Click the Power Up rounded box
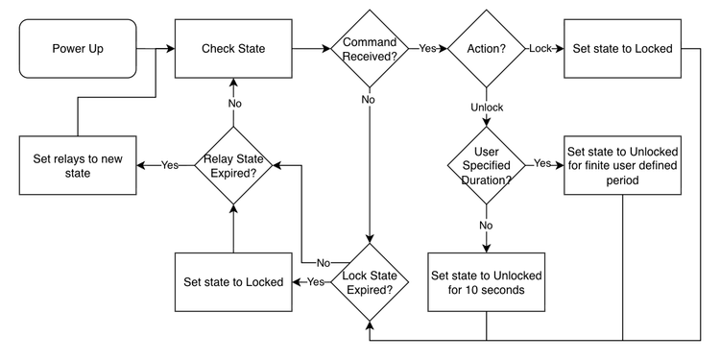point(78,48)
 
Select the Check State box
point(233,48)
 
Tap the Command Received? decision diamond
point(369,48)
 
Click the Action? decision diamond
point(486,48)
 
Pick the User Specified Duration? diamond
point(486,164)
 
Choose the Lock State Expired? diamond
point(369,282)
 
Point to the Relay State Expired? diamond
point(233,165)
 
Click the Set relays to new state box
point(78,165)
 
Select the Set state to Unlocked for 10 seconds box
point(486,282)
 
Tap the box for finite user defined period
point(622,164)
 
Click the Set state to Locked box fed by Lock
point(622,48)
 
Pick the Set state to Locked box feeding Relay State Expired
point(233,282)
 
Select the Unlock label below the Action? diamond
point(486,107)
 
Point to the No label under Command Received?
point(369,98)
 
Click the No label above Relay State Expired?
point(233,103)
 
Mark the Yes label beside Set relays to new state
point(170,165)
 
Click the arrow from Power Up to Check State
point(154,48)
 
